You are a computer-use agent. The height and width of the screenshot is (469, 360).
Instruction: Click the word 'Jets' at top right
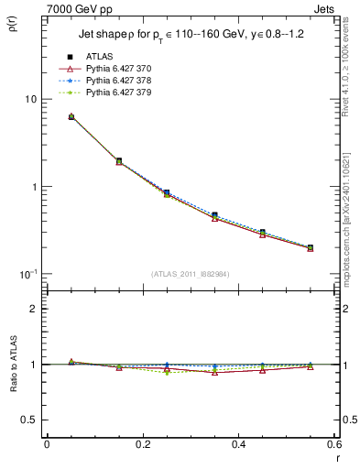coord(327,7)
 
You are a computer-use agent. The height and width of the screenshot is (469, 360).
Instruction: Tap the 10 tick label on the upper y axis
coord(29,99)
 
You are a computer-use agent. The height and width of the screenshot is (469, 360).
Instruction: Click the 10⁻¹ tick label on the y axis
coord(27,274)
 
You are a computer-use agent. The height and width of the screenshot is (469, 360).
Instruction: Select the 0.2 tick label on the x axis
coord(143,444)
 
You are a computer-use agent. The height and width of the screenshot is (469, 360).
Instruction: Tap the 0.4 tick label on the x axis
coord(238,444)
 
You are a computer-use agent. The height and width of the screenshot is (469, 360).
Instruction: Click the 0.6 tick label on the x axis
coord(333,444)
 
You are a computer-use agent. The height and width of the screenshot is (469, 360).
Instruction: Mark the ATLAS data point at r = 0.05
coord(71,117)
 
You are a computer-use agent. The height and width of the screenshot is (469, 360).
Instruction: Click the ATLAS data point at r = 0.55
coord(311,247)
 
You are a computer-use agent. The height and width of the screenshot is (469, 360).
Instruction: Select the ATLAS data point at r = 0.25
coord(167,192)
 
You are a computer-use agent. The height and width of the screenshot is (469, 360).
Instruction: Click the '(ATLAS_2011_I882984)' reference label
coord(191,274)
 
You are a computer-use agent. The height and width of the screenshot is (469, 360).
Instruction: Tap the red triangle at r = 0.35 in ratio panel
coord(214,373)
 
